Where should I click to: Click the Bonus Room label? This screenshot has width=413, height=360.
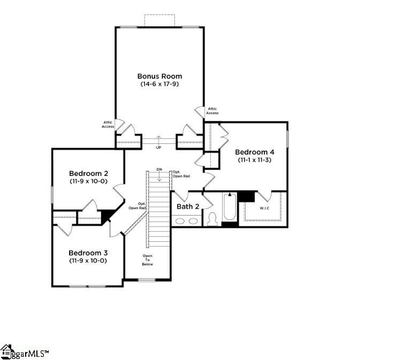[x=159, y=76]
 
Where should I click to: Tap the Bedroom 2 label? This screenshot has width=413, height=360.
[x=88, y=173]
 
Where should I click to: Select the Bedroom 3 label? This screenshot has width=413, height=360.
[x=88, y=252]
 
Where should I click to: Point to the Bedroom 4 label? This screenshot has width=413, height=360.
[x=255, y=152]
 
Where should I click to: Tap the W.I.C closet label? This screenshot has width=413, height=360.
[x=265, y=208]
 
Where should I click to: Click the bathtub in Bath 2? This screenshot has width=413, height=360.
[x=230, y=209]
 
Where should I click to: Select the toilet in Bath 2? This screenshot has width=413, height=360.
[x=212, y=219]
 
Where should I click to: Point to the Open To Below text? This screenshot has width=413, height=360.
[x=148, y=260]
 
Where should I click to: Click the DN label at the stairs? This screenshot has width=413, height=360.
[x=159, y=170]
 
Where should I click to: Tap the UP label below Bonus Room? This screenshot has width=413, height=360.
[x=158, y=148]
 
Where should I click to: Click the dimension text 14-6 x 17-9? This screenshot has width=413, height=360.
[x=159, y=85]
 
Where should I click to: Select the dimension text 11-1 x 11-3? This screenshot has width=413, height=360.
[x=255, y=160]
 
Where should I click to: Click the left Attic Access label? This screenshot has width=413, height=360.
[x=108, y=125]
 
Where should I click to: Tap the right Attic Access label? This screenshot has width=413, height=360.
[x=212, y=111]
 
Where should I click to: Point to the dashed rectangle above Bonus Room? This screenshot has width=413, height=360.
[x=159, y=20]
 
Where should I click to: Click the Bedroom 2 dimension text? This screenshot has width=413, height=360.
[x=88, y=181]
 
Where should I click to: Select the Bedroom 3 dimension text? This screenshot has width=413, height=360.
[x=88, y=261]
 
